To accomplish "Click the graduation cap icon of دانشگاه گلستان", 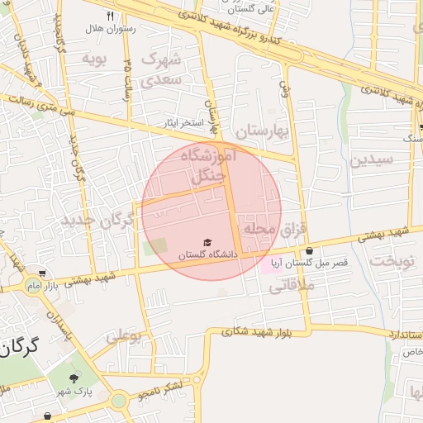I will pyautogui.click(x=207, y=242).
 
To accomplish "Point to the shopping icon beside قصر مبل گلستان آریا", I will pyautogui.click(x=309, y=251).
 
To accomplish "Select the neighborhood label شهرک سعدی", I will pyautogui.click(x=160, y=69).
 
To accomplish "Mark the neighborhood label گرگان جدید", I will pyautogui.click(x=96, y=221).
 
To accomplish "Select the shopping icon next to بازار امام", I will pyautogui.click(x=41, y=273).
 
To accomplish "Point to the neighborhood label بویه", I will pyautogui.click(x=92, y=59).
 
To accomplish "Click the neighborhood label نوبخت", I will pyautogui.click(x=392, y=259).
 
